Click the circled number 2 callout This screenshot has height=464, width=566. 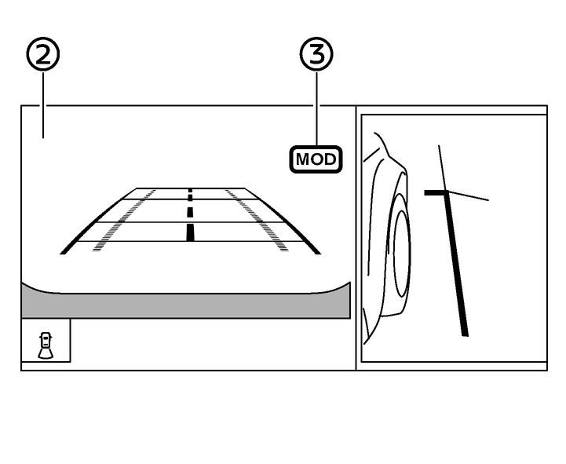tap(43, 54)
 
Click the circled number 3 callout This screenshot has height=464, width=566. tap(316, 54)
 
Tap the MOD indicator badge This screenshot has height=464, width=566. tap(316, 159)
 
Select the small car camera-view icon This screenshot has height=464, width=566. tap(46, 345)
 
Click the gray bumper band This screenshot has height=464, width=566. tap(186, 301)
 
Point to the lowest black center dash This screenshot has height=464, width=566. tap(190, 232)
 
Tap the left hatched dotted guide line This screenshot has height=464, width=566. tap(123, 220)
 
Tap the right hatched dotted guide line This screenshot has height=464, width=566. tap(257, 220)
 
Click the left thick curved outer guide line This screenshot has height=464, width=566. tap(94, 218)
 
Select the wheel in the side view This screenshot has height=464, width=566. tap(401, 253)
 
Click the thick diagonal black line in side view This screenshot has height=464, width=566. tap(456, 264)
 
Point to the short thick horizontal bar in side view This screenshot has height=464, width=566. tap(436, 193)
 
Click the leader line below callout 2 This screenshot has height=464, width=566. tap(43, 104)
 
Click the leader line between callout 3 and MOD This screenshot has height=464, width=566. tap(317, 108)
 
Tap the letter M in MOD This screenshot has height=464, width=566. tap(302, 159)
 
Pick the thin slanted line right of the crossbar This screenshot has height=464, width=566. tap(468, 195)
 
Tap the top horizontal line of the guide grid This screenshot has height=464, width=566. tap(191, 188)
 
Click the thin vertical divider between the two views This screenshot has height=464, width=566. tap(356, 238)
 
